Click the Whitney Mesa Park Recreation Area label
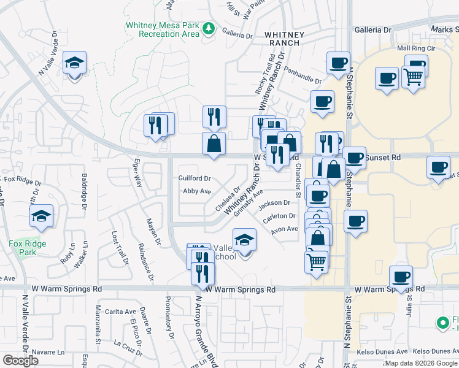162,29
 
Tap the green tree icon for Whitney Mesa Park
209,28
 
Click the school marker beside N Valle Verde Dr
74,63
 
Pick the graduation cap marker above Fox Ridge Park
41,217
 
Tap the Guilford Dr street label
195,178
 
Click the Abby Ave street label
197,191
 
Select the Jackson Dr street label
274,203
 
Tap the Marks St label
444,29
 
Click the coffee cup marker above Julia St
401,278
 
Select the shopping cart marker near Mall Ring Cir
413,78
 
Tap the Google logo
20,361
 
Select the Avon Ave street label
285,229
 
